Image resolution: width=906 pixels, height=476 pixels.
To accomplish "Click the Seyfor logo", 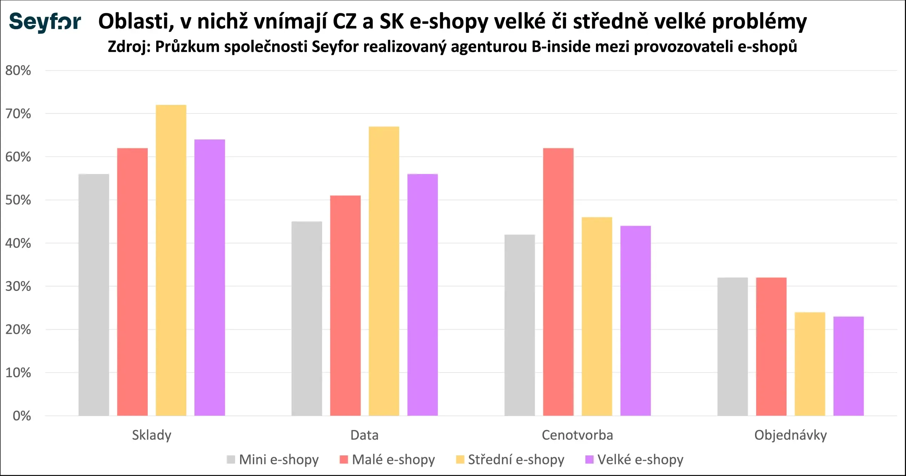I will tap(45, 22).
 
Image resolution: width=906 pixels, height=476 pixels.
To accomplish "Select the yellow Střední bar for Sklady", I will tap(171, 260).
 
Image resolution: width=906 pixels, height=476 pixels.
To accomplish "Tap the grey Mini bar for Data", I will tap(307, 318).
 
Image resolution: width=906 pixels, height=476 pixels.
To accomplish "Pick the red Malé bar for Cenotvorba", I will tap(558, 282).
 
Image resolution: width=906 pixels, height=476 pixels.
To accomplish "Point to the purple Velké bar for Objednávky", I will tap(848, 366).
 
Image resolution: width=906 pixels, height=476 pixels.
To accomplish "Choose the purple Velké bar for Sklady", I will tap(210, 277).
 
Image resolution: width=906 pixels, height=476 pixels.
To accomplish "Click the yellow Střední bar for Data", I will tap(384, 271).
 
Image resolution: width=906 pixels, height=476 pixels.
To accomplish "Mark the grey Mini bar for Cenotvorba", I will tap(520, 325).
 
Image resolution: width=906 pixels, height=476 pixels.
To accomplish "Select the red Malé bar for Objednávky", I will tap(771, 347).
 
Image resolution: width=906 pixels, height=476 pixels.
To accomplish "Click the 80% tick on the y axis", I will tap(18, 71).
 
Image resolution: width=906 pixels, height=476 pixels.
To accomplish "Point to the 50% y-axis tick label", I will tap(18, 200).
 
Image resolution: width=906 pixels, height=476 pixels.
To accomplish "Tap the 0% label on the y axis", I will tap(22, 416).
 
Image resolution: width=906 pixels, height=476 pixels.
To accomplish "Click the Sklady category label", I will tap(152, 435).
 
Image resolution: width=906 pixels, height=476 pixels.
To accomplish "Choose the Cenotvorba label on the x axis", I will tap(577, 435).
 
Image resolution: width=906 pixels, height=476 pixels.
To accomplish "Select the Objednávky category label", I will tap(790, 435).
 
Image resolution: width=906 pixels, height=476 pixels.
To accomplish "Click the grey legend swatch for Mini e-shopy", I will tap(231, 460).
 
